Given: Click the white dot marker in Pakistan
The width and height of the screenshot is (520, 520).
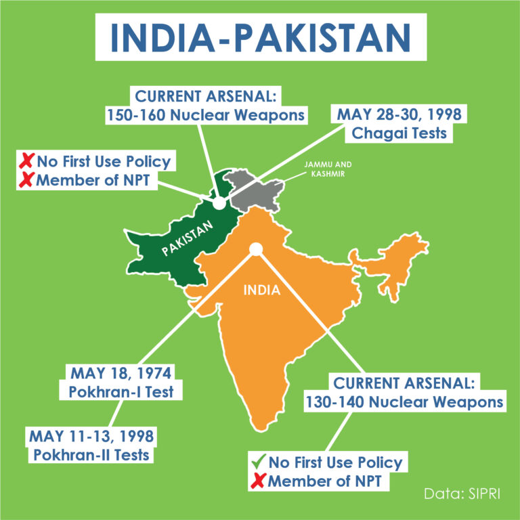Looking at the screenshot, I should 218,202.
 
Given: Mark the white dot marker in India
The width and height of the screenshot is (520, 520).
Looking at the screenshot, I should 255,250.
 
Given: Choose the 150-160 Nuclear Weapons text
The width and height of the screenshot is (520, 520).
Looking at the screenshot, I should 204,115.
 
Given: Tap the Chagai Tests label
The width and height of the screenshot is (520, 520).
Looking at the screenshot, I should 399,133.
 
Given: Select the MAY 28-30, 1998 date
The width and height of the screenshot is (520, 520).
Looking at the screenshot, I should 399,113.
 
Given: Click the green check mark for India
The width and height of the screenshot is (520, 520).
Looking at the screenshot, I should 258,462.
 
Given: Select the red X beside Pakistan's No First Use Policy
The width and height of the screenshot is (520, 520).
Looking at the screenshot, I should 26,161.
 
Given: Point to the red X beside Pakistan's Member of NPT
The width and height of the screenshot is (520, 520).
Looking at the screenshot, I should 26,180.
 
